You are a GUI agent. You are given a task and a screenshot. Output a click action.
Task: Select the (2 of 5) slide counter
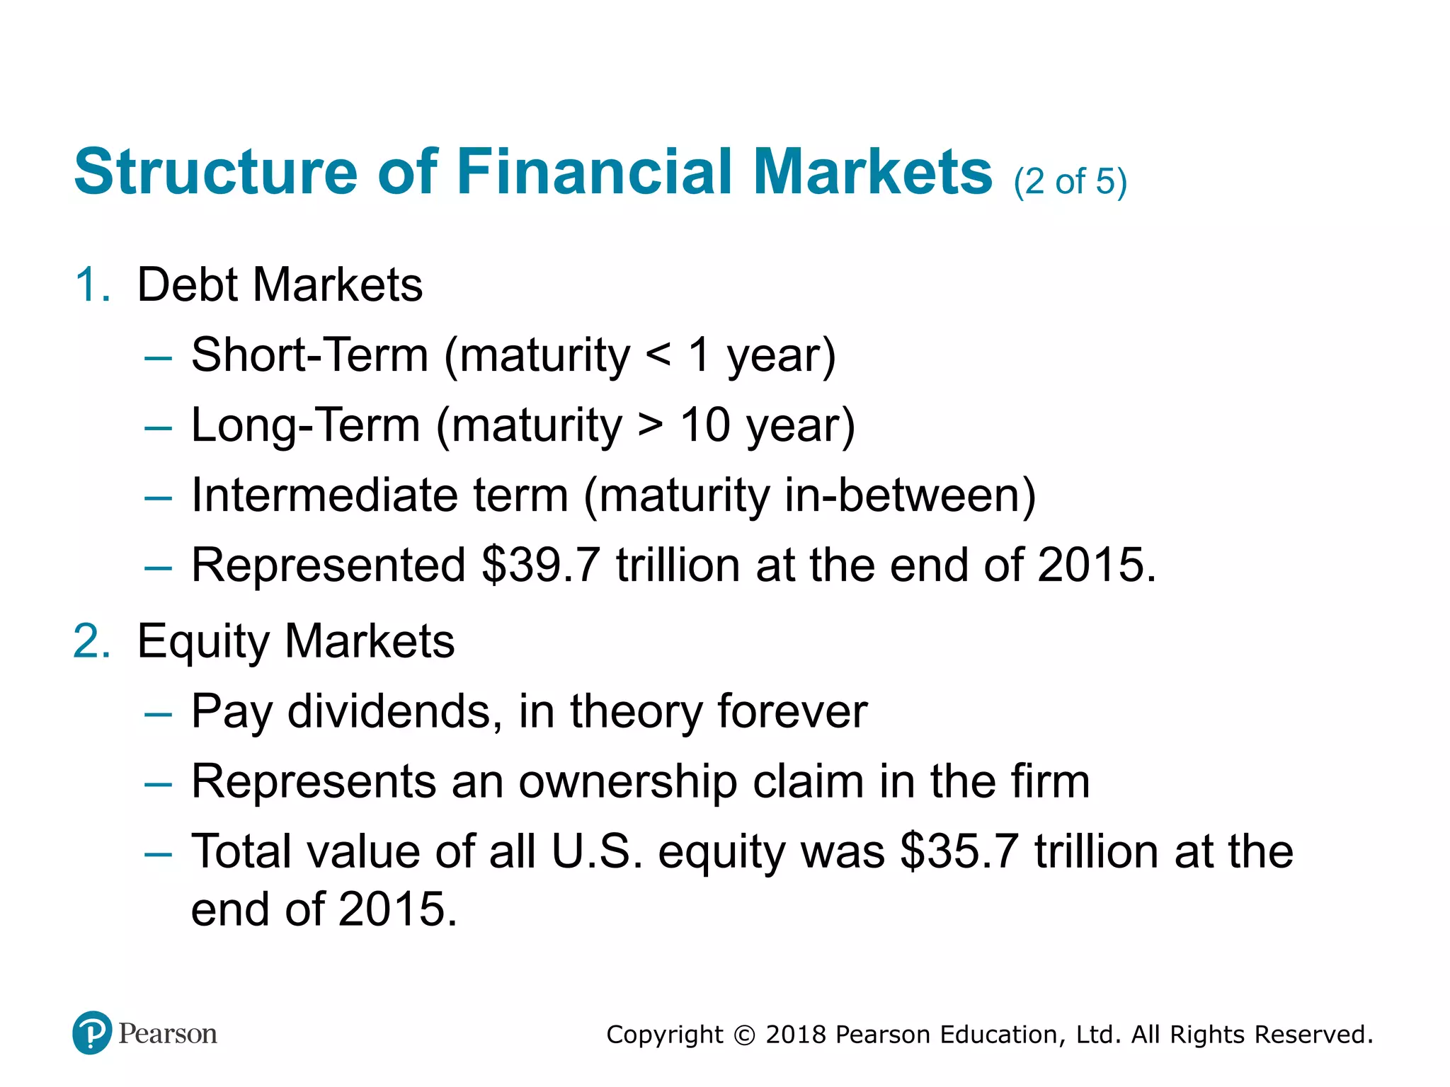tap(1070, 182)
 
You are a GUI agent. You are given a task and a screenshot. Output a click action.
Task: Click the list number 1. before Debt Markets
tap(93, 285)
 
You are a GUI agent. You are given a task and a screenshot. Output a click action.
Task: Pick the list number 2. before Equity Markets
tap(93, 642)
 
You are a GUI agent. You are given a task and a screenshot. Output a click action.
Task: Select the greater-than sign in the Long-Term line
tap(650, 425)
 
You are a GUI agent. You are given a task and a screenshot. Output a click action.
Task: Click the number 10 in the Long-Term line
tap(704, 425)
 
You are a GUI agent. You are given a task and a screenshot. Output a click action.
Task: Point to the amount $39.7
tap(541, 565)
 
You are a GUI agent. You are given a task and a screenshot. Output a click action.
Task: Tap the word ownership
tap(627, 782)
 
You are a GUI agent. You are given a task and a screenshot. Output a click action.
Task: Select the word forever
tap(792, 711)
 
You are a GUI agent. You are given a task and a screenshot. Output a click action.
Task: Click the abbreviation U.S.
tap(597, 851)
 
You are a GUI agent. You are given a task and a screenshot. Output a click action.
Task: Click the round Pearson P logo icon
tap(92, 1033)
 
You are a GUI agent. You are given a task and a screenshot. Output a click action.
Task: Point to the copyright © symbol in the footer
tap(744, 1035)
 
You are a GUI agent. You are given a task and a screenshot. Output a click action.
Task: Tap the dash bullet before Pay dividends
tap(158, 714)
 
